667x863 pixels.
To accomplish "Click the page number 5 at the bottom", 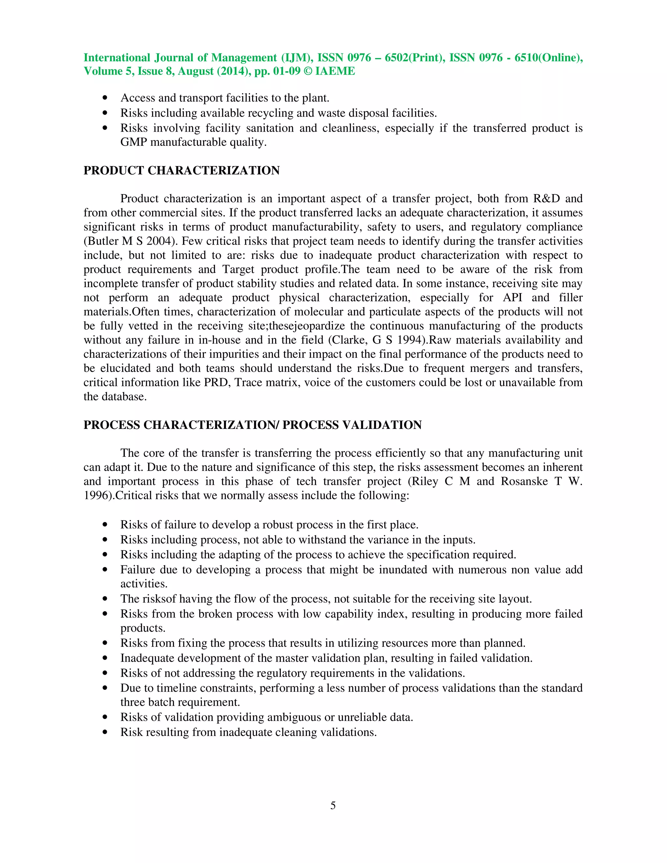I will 333,805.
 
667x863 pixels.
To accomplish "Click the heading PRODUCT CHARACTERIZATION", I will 181,170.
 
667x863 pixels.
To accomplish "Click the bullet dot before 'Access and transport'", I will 105,98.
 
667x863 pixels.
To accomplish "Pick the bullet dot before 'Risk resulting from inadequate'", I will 105,732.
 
